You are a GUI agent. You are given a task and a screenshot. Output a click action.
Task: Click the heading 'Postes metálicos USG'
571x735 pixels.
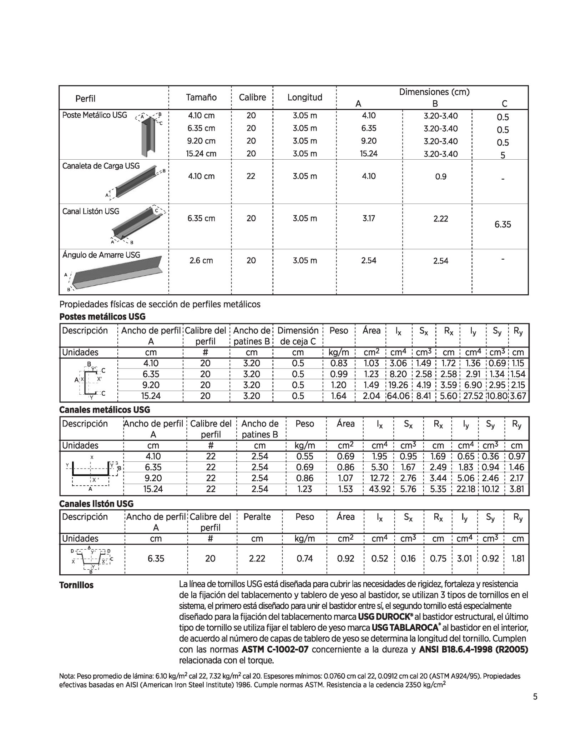tap(102, 317)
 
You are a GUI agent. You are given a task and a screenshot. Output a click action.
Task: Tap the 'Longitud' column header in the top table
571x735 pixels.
tap(305, 97)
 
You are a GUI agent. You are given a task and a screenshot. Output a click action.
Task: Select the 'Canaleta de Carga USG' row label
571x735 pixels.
tap(101, 166)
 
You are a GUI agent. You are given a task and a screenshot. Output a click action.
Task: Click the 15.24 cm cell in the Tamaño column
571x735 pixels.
tap(201, 154)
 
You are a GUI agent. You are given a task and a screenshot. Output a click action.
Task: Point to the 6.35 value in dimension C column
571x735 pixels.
tap(502, 225)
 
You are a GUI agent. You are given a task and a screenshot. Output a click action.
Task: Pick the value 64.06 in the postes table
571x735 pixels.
tap(398, 396)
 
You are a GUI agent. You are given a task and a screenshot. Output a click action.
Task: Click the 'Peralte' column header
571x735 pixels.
tap(257, 517)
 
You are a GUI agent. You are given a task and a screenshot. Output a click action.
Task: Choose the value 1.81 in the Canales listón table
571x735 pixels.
tap(517, 558)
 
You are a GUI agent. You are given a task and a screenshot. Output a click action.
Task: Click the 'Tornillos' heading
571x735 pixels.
tap(76, 585)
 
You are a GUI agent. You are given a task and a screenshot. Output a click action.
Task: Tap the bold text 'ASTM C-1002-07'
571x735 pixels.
tap(275, 649)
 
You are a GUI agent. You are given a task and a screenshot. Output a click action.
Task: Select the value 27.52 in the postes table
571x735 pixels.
tap(473, 396)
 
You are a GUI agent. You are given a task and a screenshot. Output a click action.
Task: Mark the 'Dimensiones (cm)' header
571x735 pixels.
tap(434, 92)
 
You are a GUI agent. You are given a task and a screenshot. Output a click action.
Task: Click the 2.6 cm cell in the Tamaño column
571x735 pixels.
tap(201, 261)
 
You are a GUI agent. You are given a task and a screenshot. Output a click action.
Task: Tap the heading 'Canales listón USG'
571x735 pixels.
tap(96, 504)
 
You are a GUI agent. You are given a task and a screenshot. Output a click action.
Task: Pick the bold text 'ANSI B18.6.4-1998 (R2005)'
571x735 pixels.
tap(473, 649)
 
